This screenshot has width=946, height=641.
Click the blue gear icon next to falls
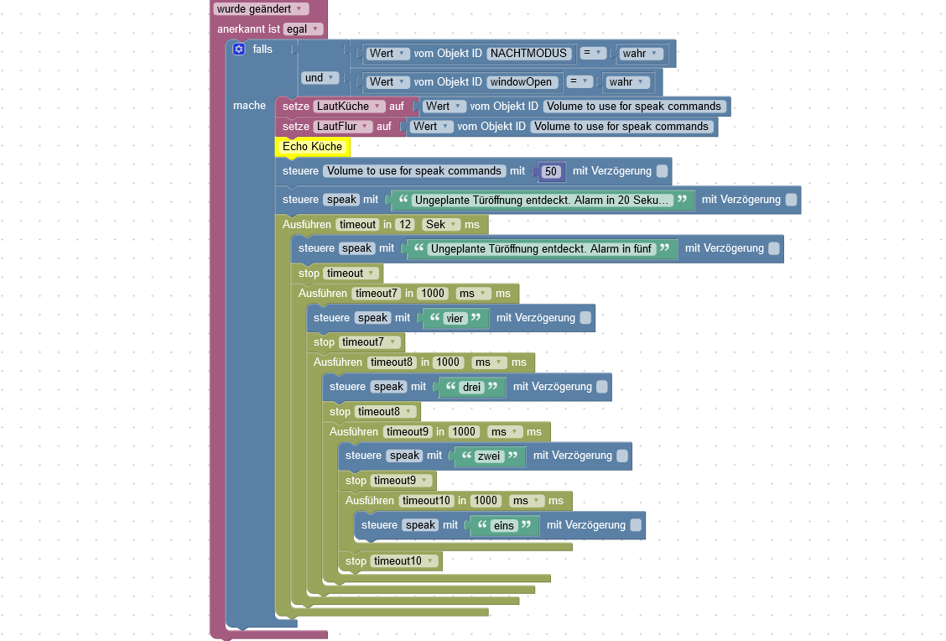coord(239,50)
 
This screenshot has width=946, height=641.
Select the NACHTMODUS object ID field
coord(530,54)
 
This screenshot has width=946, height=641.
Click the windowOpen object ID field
coord(521,82)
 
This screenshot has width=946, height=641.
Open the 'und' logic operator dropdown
coord(320,78)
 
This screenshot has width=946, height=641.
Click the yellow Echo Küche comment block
coord(313,147)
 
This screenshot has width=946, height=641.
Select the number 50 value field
coord(551,171)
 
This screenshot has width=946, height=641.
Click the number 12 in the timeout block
coord(407,225)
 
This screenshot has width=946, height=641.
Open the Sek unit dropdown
coord(441,225)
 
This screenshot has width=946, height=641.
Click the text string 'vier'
coord(455,319)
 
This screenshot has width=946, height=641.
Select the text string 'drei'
coord(472,388)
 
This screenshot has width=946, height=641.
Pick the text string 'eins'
coord(503,525)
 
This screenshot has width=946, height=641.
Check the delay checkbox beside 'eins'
coord(636,525)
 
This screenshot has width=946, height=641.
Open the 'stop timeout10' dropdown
coord(405,561)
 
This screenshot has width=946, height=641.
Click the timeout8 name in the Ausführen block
coord(391,362)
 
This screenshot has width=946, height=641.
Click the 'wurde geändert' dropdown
coord(261,9)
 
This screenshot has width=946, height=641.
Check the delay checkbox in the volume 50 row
coord(663,171)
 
